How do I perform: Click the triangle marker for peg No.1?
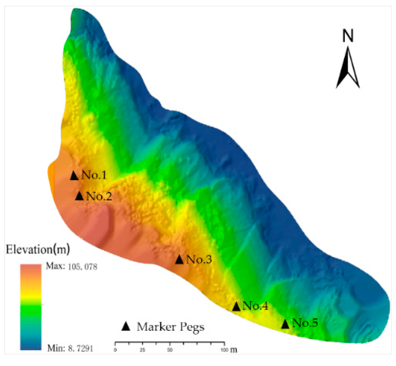[x=74, y=176]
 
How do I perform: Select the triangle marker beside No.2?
[x=79, y=196]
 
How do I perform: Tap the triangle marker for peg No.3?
[x=179, y=260]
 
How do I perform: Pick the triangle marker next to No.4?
[x=236, y=307]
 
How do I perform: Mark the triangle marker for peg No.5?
[x=285, y=324]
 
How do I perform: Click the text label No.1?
[x=94, y=175]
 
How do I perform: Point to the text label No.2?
[x=99, y=196]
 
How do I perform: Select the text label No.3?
[x=199, y=260]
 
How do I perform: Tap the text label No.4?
[x=255, y=306]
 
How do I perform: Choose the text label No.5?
[x=305, y=323]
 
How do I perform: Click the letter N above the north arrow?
[x=348, y=36]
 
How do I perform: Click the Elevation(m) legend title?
[x=38, y=249]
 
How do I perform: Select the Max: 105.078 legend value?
[x=71, y=267]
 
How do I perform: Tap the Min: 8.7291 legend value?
[x=70, y=348]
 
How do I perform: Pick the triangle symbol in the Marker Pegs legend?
[x=126, y=327]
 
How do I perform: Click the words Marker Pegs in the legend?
[x=170, y=327]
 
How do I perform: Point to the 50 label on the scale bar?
[x=170, y=350]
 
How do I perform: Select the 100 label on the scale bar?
[x=224, y=350]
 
